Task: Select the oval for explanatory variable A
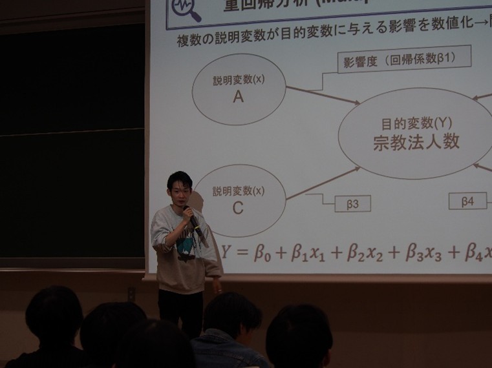coord(239,89)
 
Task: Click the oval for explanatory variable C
coord(238,200)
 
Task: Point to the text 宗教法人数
coord(416,143)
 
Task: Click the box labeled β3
coord(353,204)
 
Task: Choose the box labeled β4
coord(467,201)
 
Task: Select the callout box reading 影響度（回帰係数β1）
coord(404,61)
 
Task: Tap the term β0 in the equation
coord(261,252)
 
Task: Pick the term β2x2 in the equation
coord(365,253)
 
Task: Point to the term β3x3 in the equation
coord(423,253)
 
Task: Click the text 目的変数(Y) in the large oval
coord(416,122)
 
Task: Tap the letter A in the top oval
coord(238,97)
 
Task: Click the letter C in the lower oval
coord(238,208)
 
